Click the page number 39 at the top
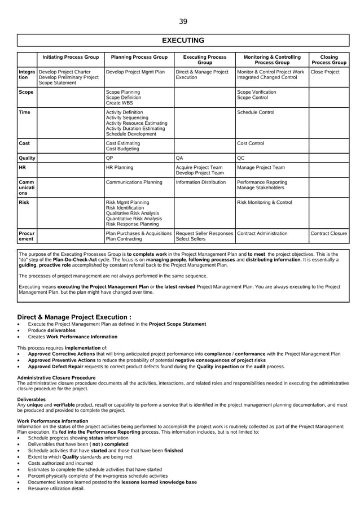tap(183, 21)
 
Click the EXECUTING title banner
tap(183, 40)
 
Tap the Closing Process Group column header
tap(328, 60)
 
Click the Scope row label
tap(26, 91)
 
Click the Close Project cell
tap(325, 72)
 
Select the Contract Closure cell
tap(328, 233)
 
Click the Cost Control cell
tap(251, 143)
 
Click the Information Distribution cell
tap(200, 182)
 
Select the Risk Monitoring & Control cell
tap(264, 202)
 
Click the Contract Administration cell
tap(262, 233)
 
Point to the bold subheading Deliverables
tap(31, 399)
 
